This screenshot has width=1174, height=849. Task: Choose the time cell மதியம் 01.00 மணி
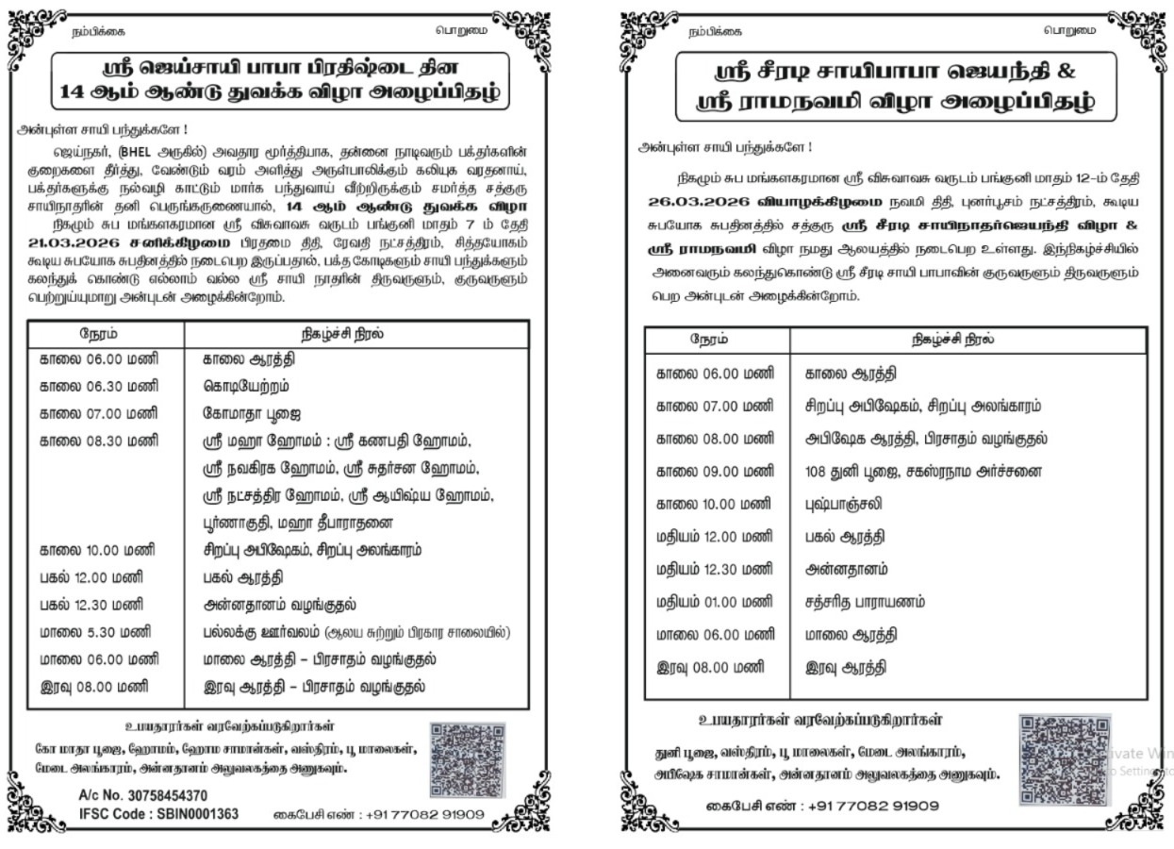tap(715, 602)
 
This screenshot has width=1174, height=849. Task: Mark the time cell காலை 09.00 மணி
tap(715, 471)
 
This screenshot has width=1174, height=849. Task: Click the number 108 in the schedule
tap(817, 471)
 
